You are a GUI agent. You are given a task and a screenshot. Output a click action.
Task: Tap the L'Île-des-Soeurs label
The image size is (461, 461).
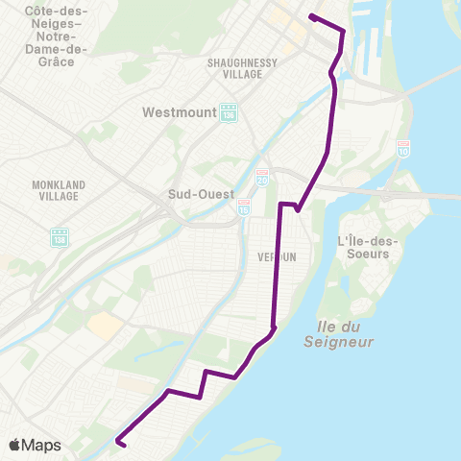point(364,247)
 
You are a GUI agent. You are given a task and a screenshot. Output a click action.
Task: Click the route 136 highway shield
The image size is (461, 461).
point(228,113)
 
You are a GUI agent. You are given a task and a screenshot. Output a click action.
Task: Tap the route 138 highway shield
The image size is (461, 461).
point(60,235)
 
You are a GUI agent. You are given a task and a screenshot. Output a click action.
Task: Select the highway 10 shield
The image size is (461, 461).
point(403,149)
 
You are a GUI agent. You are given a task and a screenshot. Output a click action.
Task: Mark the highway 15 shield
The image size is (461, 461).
point(244,207)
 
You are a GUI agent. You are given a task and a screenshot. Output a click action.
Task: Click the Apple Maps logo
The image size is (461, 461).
point(35,446)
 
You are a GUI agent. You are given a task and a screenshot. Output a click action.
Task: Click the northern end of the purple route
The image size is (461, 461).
point(311,16)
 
